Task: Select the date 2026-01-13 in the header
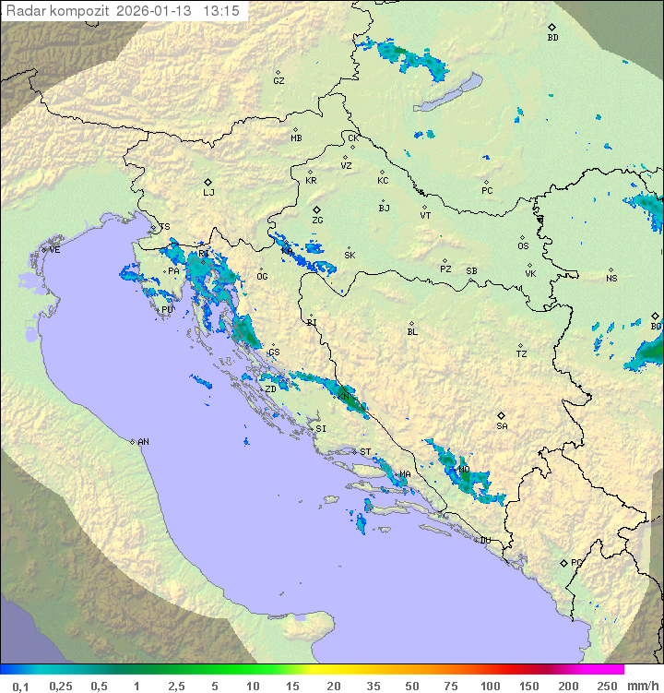(157, 11)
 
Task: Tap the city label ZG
(317, 221)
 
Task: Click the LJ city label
(208, 193)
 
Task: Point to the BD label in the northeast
(552, 38)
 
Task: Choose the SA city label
(502, 426)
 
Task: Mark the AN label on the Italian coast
(143, 442)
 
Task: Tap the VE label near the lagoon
(54, 250)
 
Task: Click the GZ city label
(279, 81)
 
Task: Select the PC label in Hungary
(487, 191)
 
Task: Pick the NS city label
(611, 279)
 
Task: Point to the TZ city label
(522, 354)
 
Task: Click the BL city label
(412, 332)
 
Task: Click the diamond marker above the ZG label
(316, 210)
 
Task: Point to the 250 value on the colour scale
(607, 686)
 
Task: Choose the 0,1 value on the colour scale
(20, 686)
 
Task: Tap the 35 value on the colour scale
(374, 686)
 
